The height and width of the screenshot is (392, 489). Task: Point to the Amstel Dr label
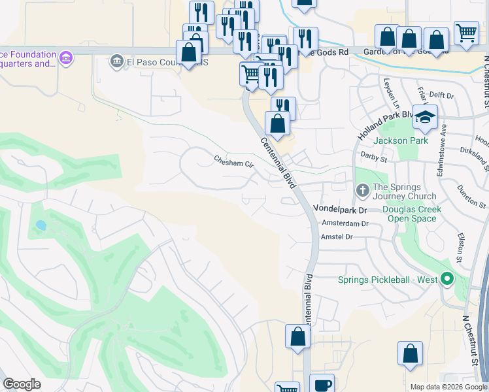click(x=337, y=237)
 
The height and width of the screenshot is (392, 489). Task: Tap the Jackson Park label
click(x=400, y=140)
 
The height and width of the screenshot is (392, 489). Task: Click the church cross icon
click(x=363, y=191)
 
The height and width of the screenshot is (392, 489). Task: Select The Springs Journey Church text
click(x=404, y=191)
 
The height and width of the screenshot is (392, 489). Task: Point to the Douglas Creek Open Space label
click(x=412, y=214)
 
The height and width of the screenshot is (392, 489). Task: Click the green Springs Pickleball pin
click(x=447, y=280)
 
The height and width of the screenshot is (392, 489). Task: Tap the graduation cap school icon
click(x=425, y=118)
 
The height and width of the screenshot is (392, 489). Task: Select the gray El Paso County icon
click(x=117, y=61)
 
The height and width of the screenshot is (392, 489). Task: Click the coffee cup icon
click(x=321, y=385)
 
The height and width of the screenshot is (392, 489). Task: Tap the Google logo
click(x=22, y=384)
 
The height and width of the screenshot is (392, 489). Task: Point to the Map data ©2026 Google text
click(x=448, y=387)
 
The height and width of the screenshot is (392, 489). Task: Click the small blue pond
click(x=41, y=225)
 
